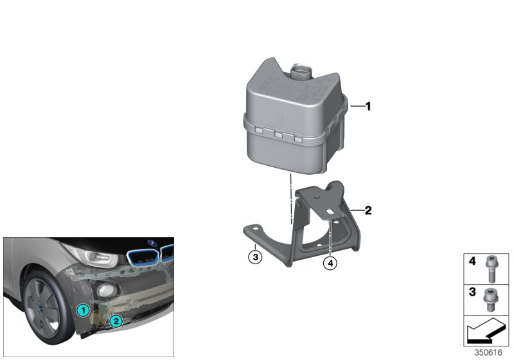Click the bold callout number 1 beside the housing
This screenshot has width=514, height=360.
click(x=368, y=107)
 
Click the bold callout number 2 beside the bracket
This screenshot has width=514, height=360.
click(x=368, y=210)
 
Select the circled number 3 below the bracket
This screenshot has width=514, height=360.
click(x=255, y=258)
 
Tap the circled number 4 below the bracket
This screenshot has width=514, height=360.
click(x=330, y=262)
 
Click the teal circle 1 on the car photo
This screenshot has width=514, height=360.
click(x=82, y=310)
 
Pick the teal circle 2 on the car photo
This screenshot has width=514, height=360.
click(x=116, y=321)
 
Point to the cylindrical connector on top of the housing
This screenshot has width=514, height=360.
click(x=301, y=70)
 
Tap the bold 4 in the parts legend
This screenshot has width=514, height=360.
click(x=472, y=262)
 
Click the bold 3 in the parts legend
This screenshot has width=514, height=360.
click(x=472, y=292)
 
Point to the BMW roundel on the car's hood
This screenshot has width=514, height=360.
click(x=153, y=243)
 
